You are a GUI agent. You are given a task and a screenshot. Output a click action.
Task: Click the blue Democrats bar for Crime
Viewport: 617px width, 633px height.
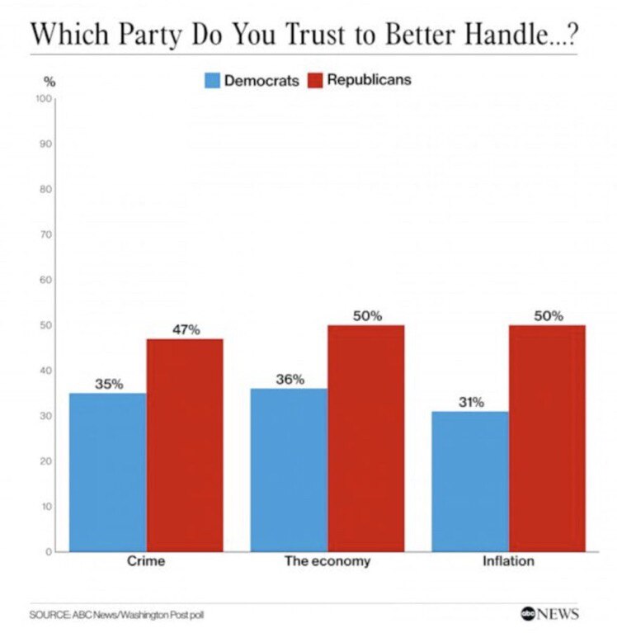(108, 472)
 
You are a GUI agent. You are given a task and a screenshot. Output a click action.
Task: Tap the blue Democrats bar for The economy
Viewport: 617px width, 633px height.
(289, 470)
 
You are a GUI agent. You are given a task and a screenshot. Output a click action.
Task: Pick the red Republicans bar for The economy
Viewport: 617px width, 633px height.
(365, 437)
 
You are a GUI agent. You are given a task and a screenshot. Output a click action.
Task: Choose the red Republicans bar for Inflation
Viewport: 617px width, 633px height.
(547, 437)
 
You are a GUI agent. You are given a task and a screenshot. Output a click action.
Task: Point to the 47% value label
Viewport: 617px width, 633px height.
(186, 330)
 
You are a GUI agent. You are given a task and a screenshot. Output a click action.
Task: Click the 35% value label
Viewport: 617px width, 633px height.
(108, 384)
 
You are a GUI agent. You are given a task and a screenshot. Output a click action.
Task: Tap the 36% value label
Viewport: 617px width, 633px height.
(290, 380)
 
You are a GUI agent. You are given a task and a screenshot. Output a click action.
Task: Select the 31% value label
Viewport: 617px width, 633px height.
(471, 403)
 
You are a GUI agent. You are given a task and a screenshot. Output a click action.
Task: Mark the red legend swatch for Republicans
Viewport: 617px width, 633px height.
(315, 81)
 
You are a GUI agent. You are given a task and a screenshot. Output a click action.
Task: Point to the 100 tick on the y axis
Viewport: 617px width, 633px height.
(45, 99)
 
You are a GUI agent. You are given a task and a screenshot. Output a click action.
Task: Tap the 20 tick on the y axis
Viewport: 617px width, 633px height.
(48, 461)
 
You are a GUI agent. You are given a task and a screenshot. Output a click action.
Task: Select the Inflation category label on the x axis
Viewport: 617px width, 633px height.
(508, 562)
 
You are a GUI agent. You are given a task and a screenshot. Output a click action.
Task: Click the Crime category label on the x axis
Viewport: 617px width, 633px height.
(146, 562)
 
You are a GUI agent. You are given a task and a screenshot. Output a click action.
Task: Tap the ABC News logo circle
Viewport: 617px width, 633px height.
(528, 614)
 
